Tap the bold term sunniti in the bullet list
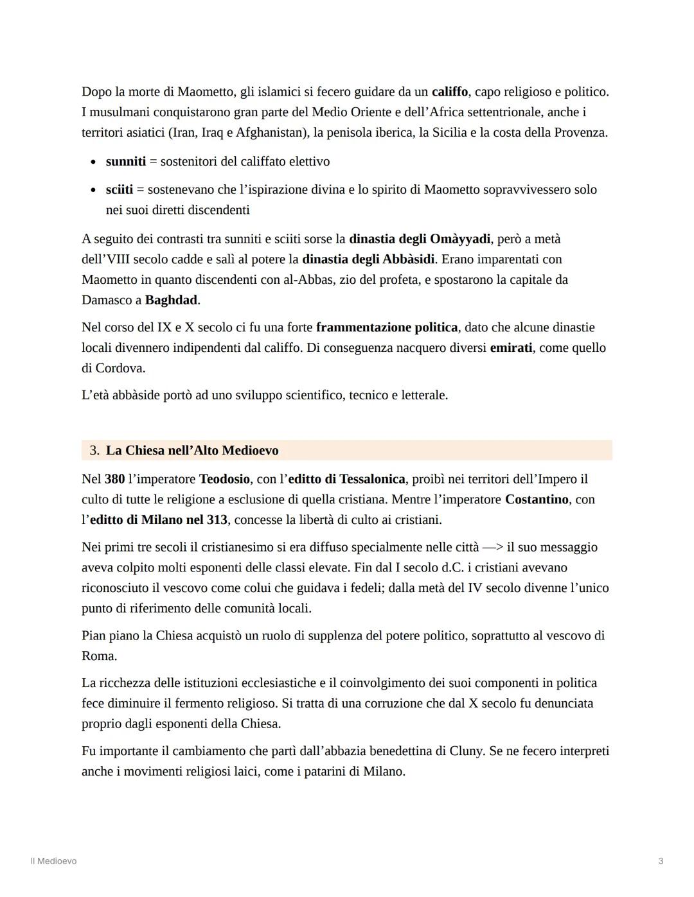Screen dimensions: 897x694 tap(126, 161)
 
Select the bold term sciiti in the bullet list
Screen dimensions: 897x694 tap(120, 189)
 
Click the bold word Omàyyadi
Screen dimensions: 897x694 tap(460, 239)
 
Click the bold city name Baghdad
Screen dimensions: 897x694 tap(172, 300)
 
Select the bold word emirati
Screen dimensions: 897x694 tap(511, 347)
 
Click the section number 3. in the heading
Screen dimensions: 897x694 tap(94, 450)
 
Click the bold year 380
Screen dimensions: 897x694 tap(114, 479)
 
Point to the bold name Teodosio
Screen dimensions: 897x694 tap(224, 479)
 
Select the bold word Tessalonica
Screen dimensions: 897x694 tap(372, 479)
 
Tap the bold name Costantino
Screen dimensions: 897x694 tap(537, 499)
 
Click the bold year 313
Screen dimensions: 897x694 tap(217, 519)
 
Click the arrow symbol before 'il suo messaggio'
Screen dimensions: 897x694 tap(492, 547)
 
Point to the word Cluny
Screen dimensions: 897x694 tap(465, 751)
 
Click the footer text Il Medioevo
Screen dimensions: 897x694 tap(53, 861)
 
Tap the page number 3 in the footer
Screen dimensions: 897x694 tap(661, 861)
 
